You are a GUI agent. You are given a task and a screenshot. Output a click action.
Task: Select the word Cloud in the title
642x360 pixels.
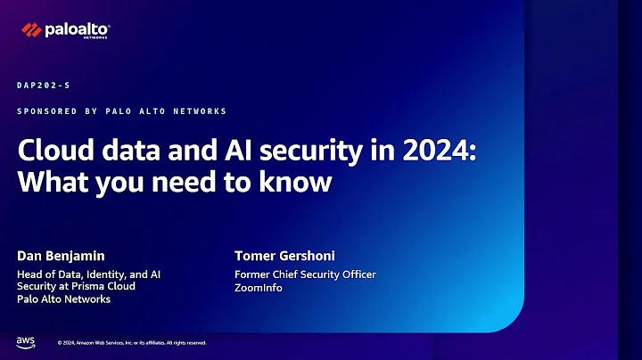tap(48, 149)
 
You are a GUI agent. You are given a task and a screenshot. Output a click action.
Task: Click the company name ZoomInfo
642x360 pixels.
tap(259, 288)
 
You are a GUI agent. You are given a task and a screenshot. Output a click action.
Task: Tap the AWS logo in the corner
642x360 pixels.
tap(25, 342)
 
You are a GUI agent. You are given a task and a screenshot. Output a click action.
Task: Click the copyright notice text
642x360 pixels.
tap(132, 343)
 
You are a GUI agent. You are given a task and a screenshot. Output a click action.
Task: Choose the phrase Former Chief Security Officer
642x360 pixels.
tap(305, 274)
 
